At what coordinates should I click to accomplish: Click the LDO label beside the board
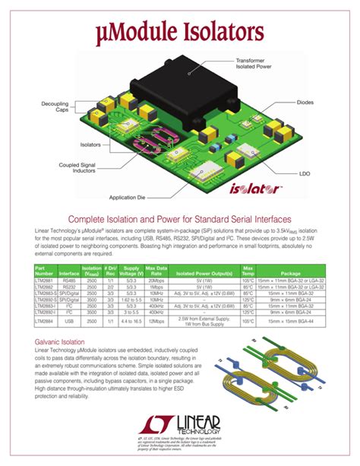pyautogui.click(x=305, y=173)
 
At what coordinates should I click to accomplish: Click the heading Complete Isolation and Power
pyautogui.click(x=180, y=217)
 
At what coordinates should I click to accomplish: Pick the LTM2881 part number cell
pyautogui.click(x=46, y=281)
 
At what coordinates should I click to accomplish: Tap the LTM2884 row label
pyautogui.click(x=46, y=322)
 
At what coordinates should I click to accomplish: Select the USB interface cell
pyautogui.click(x=69, y=322)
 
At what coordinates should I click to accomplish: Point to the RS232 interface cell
pyautogui.click(x=69, y=287)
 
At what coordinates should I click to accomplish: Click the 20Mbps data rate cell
pyautogui.click(x=156, y=281)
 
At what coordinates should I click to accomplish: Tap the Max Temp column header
pyautogui.click(x=248, y=271)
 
